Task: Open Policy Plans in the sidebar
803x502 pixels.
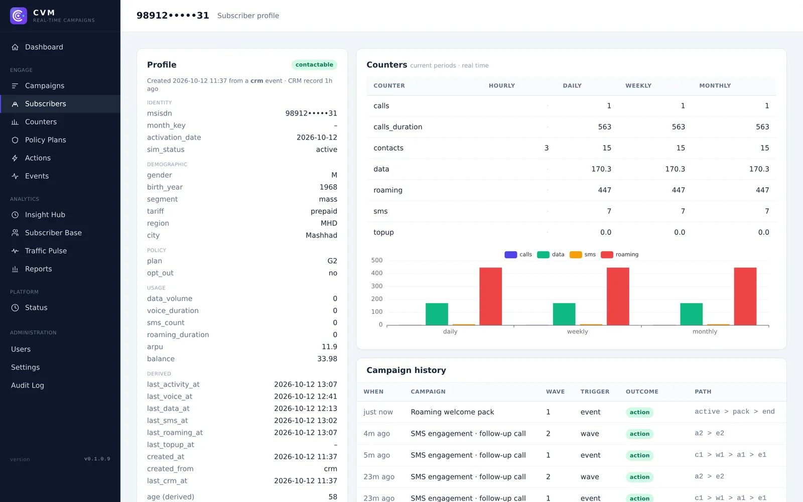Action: pyautogui.click(x=45, y=140)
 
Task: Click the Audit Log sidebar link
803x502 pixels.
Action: pyautogui.click(x=27, y=386)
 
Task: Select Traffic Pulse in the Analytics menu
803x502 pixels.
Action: pyautogui.click(x=46, y=251)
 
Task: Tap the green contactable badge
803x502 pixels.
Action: pyautogui.click(x=314, y=65)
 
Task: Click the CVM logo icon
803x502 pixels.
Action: pyautogui.click(x=19, y=16)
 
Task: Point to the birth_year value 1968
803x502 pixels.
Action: pyautogui.click(x=328, y=187)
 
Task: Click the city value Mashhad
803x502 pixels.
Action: pyautogui.click(x=321, y=235)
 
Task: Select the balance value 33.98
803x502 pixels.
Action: pyautogui.click(x=327, y=359)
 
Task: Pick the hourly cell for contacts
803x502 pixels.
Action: pyautogui.click(x=547, y=148)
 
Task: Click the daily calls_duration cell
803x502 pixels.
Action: pyautogui.click(x=604, y=127)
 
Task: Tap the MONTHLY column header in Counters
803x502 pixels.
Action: pyautogui.click(x=715, y=86)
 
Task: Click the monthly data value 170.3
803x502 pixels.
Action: pyautogui.click(x=759, y=169)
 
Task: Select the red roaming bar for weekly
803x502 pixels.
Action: pyautogui.click(x=618, y=297)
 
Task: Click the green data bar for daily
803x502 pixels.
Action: pyautogui.click(x=437, y=314)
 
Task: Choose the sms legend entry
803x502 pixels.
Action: pyautogui.click(x=583, y=255)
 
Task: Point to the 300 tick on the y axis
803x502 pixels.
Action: pyautogui.click(x=377, y=286)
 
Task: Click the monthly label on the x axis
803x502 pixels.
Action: pyautogui.click(x=705, y=332)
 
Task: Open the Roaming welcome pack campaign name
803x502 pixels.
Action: pyautogui.click(x=452, y=412)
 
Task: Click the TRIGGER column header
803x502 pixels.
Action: pyautogui.click(x=595, y=392)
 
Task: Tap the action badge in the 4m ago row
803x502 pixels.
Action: pyautogui.click(x=639, y=434)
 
